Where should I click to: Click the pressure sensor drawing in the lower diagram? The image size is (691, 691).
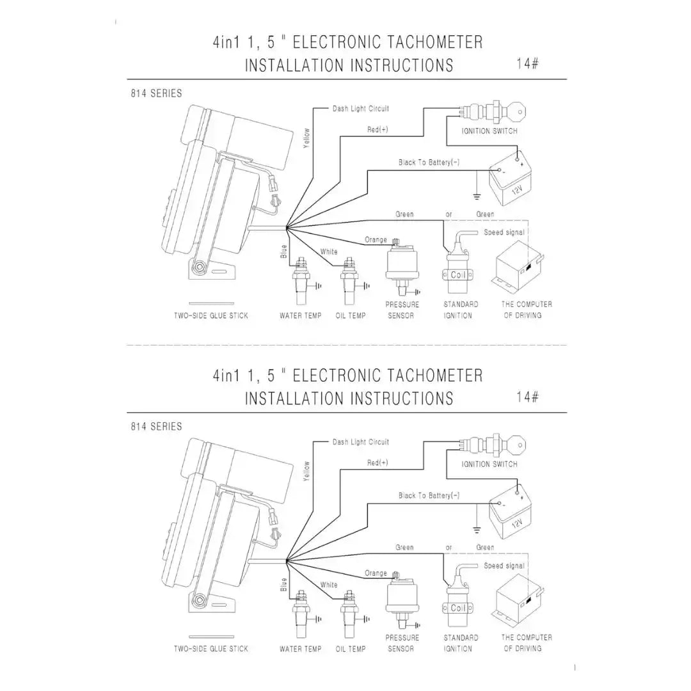tap(401, 600)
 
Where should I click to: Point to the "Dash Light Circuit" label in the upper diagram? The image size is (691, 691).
tap(360, 109)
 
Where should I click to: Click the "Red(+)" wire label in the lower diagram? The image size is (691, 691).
tap(377, 463)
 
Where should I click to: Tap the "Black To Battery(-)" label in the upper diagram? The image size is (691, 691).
tap(429, 163)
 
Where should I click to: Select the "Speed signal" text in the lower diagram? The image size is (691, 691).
tap(504, 566)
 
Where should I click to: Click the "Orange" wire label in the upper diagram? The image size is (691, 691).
tap(376, 240)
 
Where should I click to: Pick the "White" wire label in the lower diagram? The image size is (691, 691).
tap(329, 585)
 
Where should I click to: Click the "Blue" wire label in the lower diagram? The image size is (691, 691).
tap(284, 585)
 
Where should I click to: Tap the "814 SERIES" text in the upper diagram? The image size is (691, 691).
tap(156, 93)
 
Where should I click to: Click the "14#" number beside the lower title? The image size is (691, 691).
tap(527, 397)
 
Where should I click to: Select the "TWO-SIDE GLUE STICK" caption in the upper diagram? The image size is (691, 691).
tap(211, 315)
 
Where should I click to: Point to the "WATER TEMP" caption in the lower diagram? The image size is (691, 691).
tap(301, 649)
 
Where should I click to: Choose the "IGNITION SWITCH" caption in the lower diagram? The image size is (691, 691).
tap(489, 464)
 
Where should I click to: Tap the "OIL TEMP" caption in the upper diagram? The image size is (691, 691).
tap(351, 315)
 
